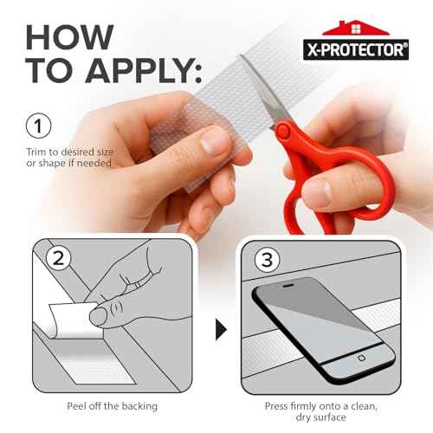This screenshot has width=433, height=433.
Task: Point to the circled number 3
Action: [265, 257]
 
